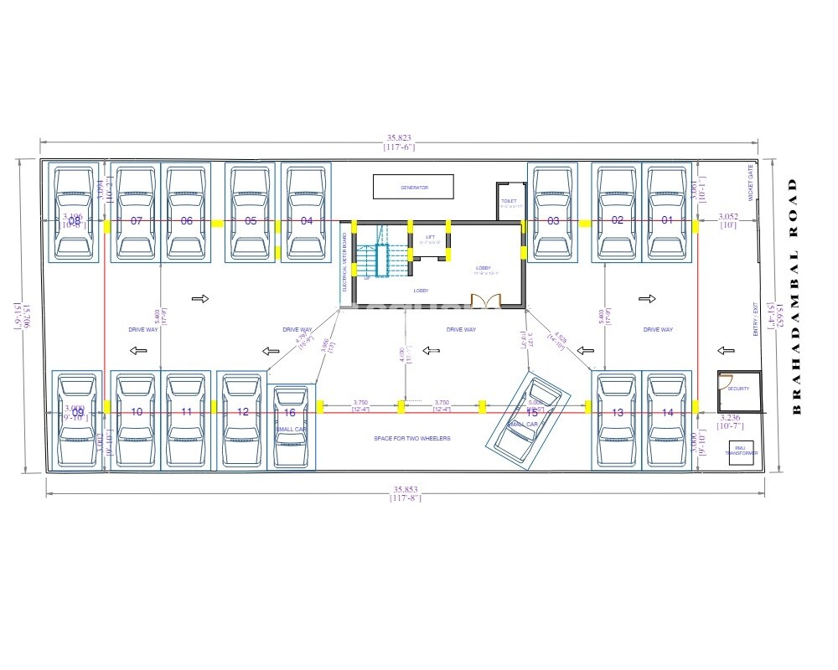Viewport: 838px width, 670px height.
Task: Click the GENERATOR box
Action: coord(413,187)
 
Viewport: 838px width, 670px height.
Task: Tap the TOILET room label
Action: coord(508,202)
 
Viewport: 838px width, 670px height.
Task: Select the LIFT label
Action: coord(430,237)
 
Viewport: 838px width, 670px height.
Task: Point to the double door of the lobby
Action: coord(484,300)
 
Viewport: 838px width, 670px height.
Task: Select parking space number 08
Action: coord(74,221)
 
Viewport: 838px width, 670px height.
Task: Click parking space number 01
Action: coord(667,221)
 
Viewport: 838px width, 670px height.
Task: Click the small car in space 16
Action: coord(290,426)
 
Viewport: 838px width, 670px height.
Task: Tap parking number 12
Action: coord(243,412)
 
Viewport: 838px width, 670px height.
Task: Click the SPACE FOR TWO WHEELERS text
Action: coord(412,439)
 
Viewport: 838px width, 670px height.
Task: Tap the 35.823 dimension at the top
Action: coord(399,139)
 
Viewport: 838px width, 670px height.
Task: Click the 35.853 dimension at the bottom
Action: coord(405,491)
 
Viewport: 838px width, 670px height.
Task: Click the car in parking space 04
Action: coord(307,214)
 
